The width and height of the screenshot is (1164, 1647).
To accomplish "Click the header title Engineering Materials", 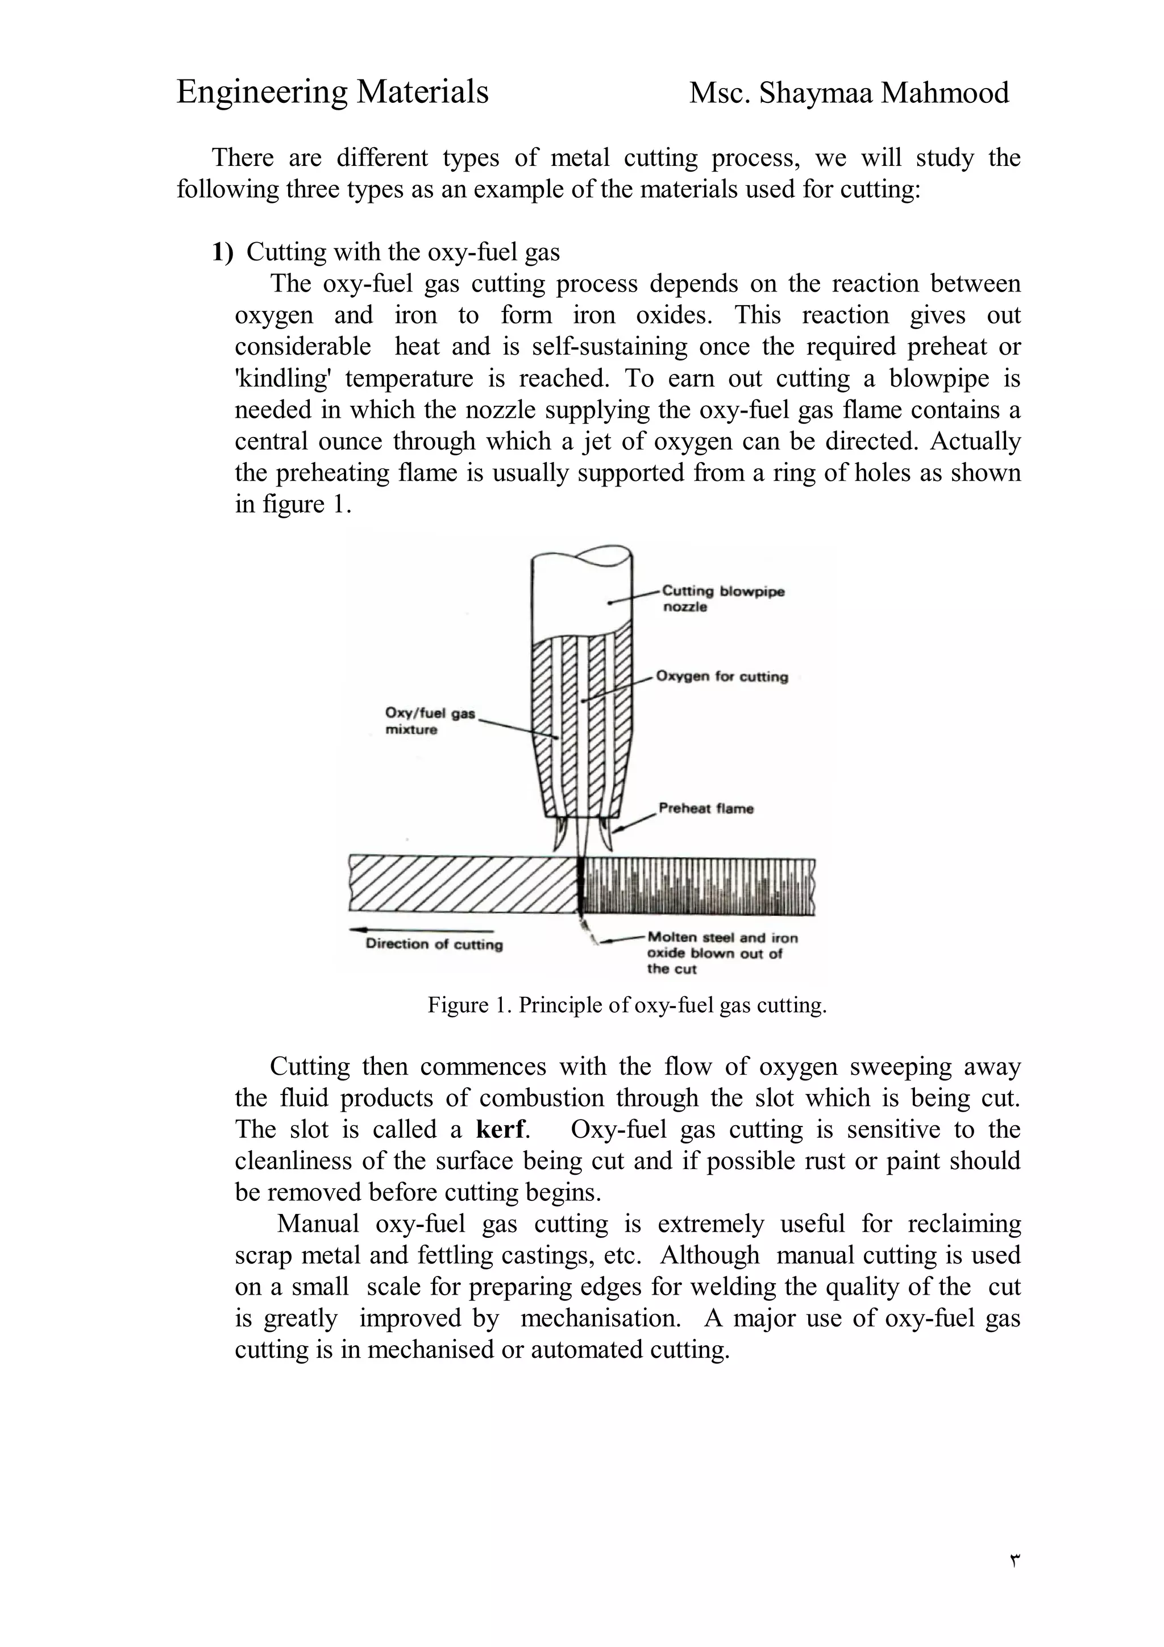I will point(332,93).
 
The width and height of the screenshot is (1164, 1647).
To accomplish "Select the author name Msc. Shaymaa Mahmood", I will point(849,93).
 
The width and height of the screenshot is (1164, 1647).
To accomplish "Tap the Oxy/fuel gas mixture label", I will point(429,721).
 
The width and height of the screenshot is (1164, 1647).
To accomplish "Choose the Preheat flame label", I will point(706,808).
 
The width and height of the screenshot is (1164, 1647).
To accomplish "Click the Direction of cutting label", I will point(434,944).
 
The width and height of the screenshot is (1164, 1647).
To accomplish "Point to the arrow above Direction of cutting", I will point(409,930).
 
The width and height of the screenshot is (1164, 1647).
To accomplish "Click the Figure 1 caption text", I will point(627,1005).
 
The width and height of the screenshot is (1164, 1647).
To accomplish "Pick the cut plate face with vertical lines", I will point(699,887).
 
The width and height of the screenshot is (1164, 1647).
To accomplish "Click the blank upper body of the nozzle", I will point(581,596).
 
